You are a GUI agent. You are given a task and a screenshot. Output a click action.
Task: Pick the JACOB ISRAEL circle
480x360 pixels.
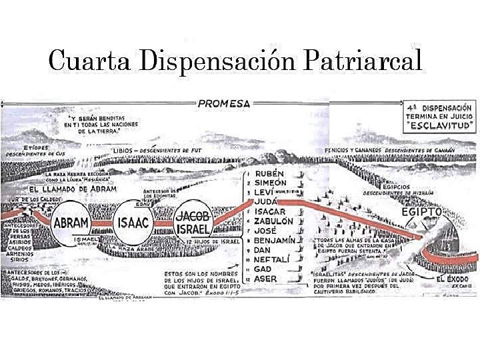tap(193, 223)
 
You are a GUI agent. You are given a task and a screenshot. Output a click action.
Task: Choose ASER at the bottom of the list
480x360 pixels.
tap(267, 278)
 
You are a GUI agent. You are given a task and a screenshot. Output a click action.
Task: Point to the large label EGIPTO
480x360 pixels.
tap(422, 211)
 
